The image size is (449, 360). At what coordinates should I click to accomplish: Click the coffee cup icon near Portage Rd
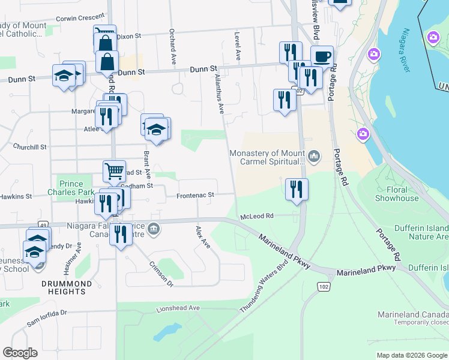tap(322, 56)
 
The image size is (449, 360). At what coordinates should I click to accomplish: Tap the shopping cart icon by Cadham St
tap(114, 171)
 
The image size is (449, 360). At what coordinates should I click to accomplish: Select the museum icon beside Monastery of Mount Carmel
tap(315, 157)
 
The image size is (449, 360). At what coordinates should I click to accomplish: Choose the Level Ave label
tap(238, 46)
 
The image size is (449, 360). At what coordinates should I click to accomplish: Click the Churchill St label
tap(30, 147)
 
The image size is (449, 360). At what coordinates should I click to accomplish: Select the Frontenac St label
tap(195, 196)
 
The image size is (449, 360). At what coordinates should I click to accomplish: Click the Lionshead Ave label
tap(178, 308)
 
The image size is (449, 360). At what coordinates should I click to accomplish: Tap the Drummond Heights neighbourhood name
tap(67, 287)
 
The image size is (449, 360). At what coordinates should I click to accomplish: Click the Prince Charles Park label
tap(76, 188)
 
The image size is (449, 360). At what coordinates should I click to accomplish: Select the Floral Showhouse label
tap(397, 194)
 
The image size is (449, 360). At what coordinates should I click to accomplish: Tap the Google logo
tap(20, 353)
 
